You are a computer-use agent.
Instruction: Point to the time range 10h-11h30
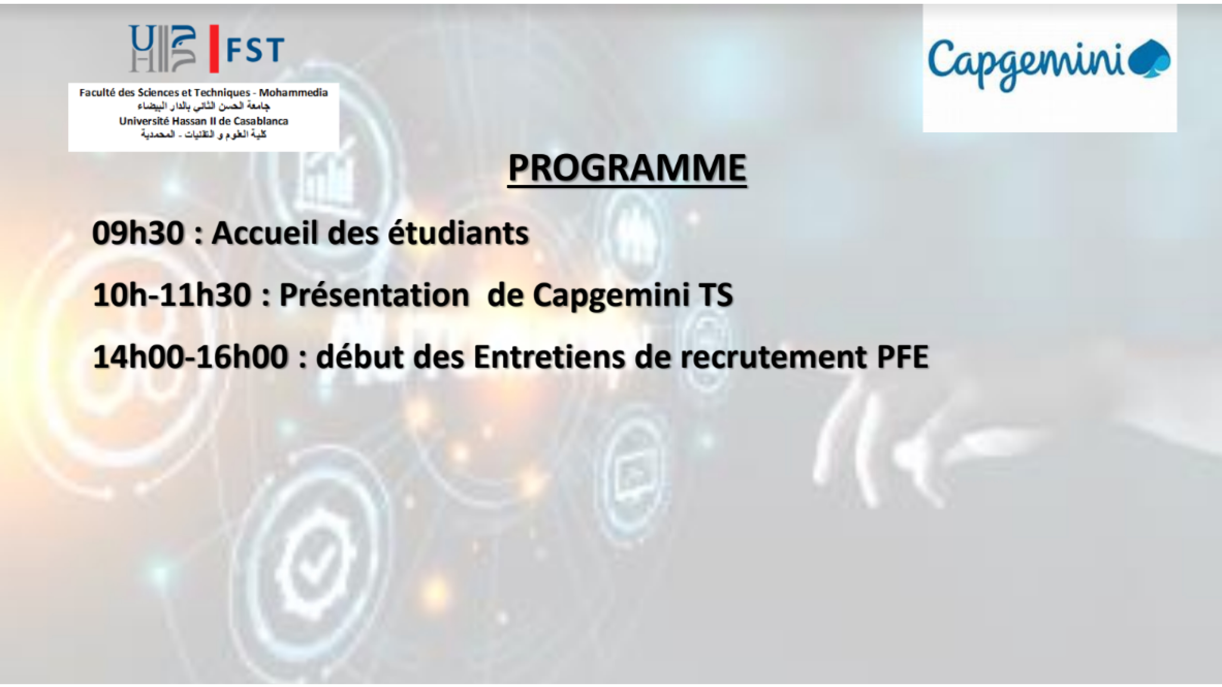coord(172,295)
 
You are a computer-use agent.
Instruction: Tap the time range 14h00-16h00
coord(191,357)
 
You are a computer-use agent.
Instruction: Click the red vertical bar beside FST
coord(214,49)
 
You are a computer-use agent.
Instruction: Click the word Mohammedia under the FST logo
coord(293,93)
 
